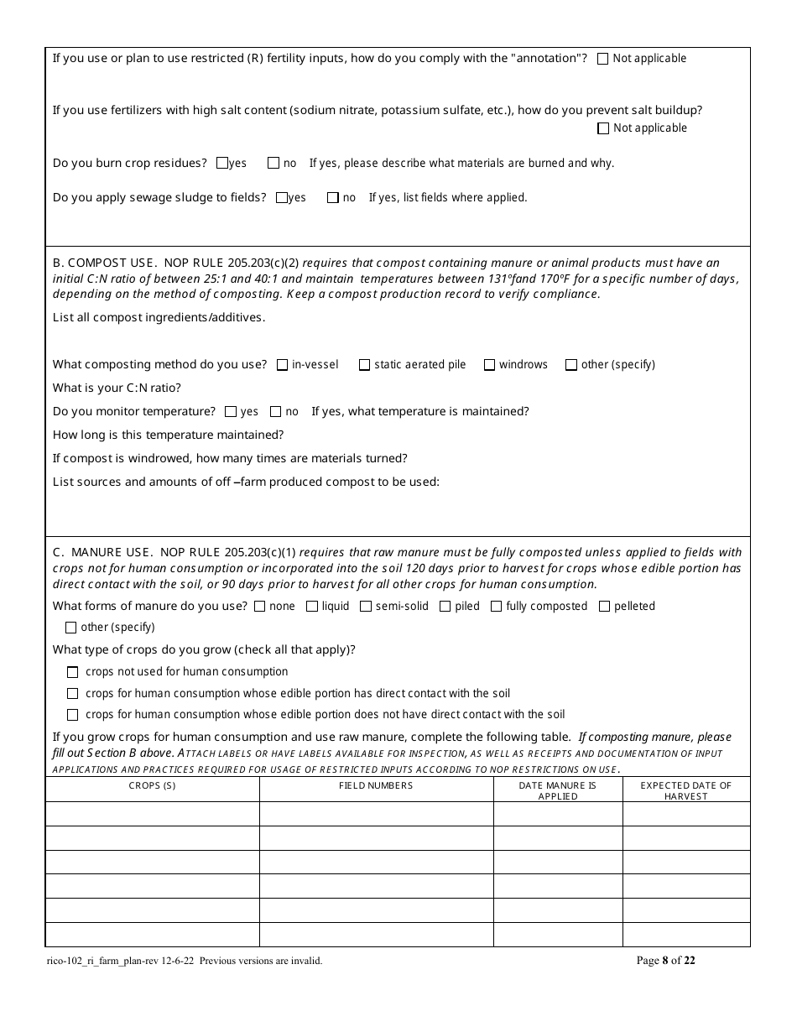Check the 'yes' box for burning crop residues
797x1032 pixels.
point(222,164)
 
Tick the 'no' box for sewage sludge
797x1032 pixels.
point(333,198)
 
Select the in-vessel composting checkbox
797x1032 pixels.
point(283,365)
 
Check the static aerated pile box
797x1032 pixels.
point(365,365)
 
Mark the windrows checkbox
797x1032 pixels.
point(489,365)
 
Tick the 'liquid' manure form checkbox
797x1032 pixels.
point(312,607)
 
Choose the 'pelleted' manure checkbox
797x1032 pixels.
point(604,607)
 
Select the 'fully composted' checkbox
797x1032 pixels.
point(497,607)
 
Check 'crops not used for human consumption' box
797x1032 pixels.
point(72,672)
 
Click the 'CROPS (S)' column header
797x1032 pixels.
point(152,785)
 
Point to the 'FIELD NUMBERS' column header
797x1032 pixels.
point(376,785)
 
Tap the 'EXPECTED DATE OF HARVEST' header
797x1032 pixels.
point(685,790)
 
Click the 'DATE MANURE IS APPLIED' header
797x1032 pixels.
point(557,790)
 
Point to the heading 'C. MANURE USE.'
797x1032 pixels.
point(102,552)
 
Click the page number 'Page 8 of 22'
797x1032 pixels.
point(665,961)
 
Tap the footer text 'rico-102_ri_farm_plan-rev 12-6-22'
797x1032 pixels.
point(122,961)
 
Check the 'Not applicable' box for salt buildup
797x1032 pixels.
point(603,128)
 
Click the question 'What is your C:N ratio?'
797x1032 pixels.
point(117,388)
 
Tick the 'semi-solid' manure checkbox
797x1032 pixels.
point(366,607)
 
